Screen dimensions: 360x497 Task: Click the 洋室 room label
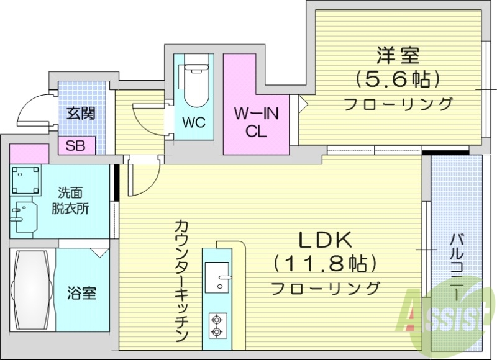(x=398, y=55)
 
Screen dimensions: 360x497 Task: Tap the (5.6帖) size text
(x=398, y=79)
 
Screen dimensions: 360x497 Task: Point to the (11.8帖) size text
(x=326, y=264)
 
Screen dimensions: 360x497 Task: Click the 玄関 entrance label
(x=81, y=114)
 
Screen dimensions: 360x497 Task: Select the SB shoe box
(x=76, y=146)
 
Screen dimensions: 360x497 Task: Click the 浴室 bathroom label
(x=81, y=292)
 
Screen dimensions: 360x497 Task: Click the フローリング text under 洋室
(x=398, y=103)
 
